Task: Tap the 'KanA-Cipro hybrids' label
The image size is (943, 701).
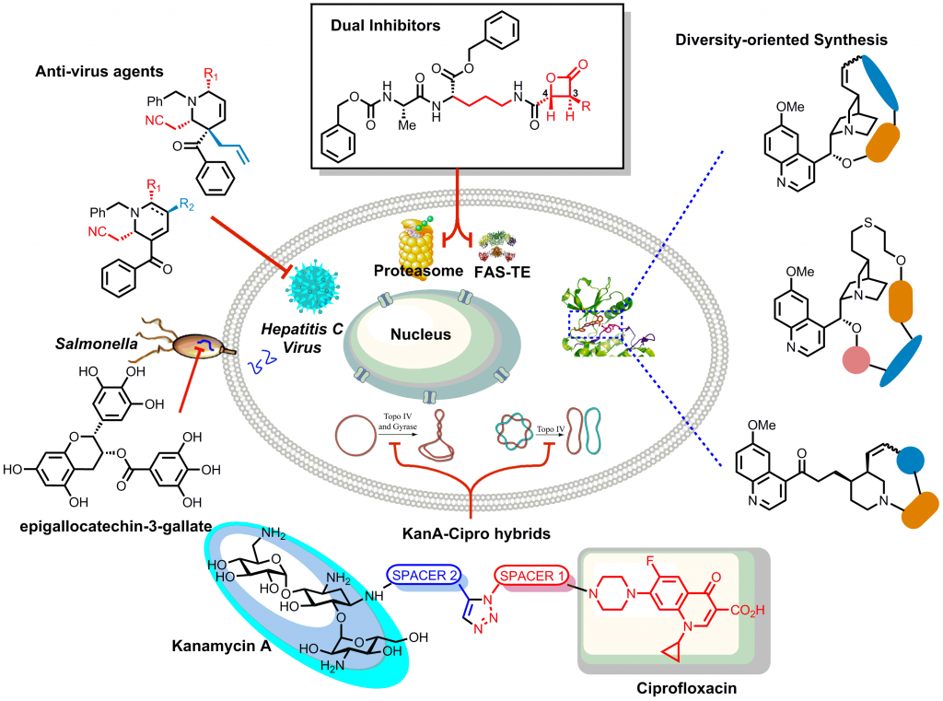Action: pyautogui.click(x=469, y=532)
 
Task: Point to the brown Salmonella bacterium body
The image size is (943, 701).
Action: pyautogui.click(x=188, y=346)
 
